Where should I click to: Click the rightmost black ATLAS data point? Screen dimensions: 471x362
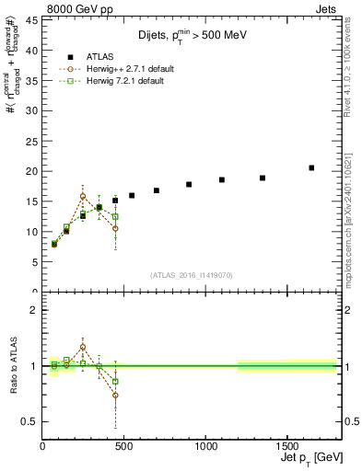(311, 167)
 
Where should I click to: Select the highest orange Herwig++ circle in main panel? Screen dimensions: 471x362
(83, 196)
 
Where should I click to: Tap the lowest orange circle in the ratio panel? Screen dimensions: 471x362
(115, 396)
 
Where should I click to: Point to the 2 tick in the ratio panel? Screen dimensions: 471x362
(32, 310)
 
